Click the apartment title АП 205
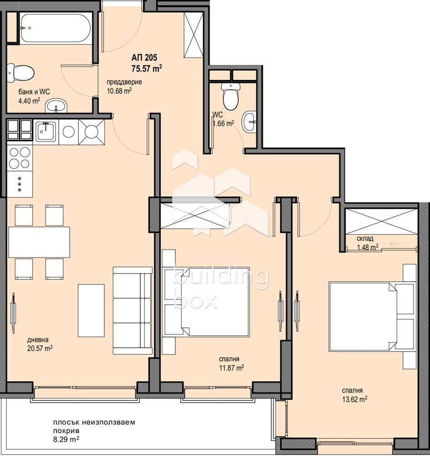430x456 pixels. (x=144, y=57)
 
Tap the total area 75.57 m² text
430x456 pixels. (x=147, y=68)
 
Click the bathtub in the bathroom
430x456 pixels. (x=56, y=28)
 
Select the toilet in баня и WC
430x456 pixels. (x=21, y=73)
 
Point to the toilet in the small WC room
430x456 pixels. (x=230, y=96)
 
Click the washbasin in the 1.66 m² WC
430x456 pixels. (x=250, y=122)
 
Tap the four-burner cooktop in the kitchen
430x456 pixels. (x=20, y=158)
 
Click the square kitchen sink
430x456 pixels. (x=46, y=131)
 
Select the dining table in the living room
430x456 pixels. (x=39, y=242)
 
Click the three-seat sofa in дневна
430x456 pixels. (x=133, y=310)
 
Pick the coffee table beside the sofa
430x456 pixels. (x=91, y=310)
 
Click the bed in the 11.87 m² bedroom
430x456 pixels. (x=206, y=302)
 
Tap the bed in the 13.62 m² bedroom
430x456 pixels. (x=372, y=316)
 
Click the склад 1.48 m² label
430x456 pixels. (x=368, y=243)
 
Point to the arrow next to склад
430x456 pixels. (x=394, y=244)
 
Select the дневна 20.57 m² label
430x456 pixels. (x=40, y=344)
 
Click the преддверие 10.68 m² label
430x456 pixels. (x=124, y=86)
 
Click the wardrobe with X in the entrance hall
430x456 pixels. (x=194, y=35)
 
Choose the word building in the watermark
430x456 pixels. (x=221, y=278)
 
